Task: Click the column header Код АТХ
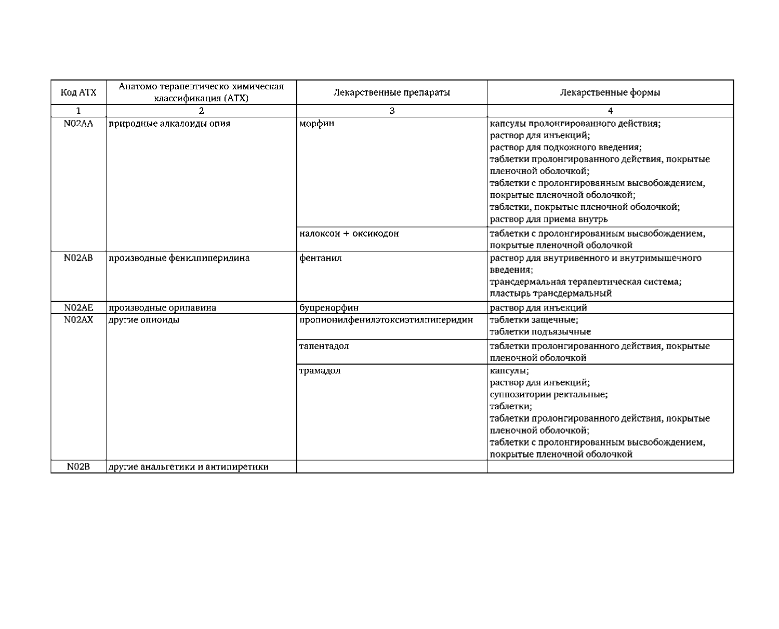coord(78,92)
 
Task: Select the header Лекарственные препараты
coord(391,92)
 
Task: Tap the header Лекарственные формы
coord(610,92)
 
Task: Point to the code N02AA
coord(78,124)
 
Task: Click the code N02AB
coord(78,258)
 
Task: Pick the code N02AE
coord(78,307)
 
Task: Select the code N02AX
coord(78,319)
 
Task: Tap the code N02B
coord(78,466)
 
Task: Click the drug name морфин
coord(317,124)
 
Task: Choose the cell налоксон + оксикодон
coord(349,233)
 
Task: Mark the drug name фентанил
coord(321,258)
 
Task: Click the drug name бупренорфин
coord(329,307)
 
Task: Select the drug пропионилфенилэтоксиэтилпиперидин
coord(386,319)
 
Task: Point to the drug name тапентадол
coord(324,346)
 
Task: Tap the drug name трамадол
coord(320,371)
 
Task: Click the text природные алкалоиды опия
coord(169,124)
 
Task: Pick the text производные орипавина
coord(163,307)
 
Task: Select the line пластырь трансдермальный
coord(551,293)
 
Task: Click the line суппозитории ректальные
coord(549,394)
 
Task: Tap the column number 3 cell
coord(391,111)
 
